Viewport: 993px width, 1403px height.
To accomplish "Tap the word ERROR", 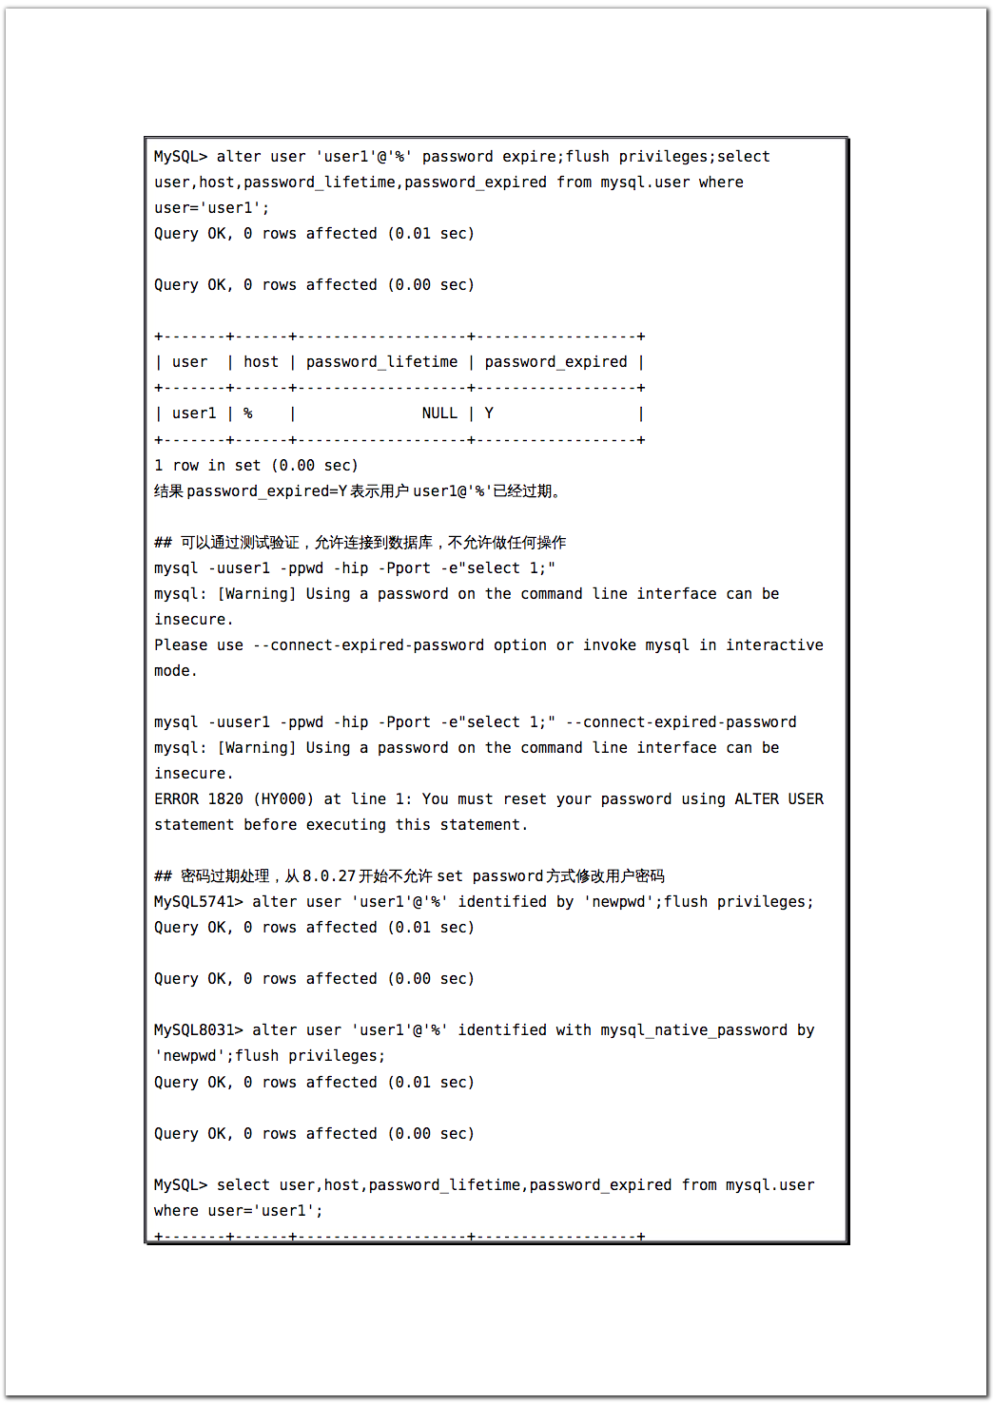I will [x=176, y=798].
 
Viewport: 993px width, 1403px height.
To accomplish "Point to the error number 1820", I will [x=225, y=798].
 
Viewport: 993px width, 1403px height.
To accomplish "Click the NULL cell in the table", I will [x=439, y=413].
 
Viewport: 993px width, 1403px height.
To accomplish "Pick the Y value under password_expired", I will [x=489, y=413].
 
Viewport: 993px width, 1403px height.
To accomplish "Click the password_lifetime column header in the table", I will [x=381, y=361].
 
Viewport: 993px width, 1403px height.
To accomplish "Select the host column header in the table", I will [x=261, y=361].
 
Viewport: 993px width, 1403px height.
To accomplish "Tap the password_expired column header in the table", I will [x=555, y=361].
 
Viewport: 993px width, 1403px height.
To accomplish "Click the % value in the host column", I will [x=248, y=413].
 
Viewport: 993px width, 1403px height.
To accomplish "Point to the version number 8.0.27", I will [x=329, y=875].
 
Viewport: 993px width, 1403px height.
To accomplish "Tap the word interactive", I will [x=774, y=644].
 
